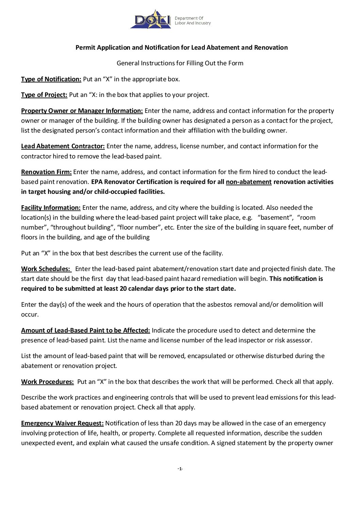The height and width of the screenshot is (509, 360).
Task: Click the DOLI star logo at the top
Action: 151,20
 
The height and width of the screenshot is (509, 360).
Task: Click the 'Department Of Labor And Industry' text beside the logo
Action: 193,21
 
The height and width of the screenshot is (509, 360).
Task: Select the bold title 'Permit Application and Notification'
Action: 181,48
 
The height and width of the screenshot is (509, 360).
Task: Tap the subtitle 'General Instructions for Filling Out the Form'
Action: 180,63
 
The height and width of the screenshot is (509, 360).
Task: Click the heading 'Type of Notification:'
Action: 51,79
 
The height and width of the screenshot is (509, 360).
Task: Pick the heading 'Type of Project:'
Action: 44,95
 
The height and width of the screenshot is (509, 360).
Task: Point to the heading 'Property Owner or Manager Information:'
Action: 82,111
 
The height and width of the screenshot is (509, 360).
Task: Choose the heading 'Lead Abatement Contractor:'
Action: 63,146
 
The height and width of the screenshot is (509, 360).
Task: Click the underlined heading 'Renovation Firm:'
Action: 46,172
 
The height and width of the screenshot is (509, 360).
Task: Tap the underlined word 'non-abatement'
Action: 248,182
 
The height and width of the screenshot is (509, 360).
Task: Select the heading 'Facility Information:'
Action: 51,208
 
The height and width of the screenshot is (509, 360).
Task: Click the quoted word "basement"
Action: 276,218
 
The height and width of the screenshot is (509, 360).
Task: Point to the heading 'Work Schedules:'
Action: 46,269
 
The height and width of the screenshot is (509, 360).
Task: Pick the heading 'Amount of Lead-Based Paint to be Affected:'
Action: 85,330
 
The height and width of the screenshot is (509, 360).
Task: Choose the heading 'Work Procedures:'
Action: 47,382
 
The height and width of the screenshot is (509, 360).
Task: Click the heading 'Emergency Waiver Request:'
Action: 62,423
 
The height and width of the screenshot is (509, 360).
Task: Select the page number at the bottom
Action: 180,469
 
